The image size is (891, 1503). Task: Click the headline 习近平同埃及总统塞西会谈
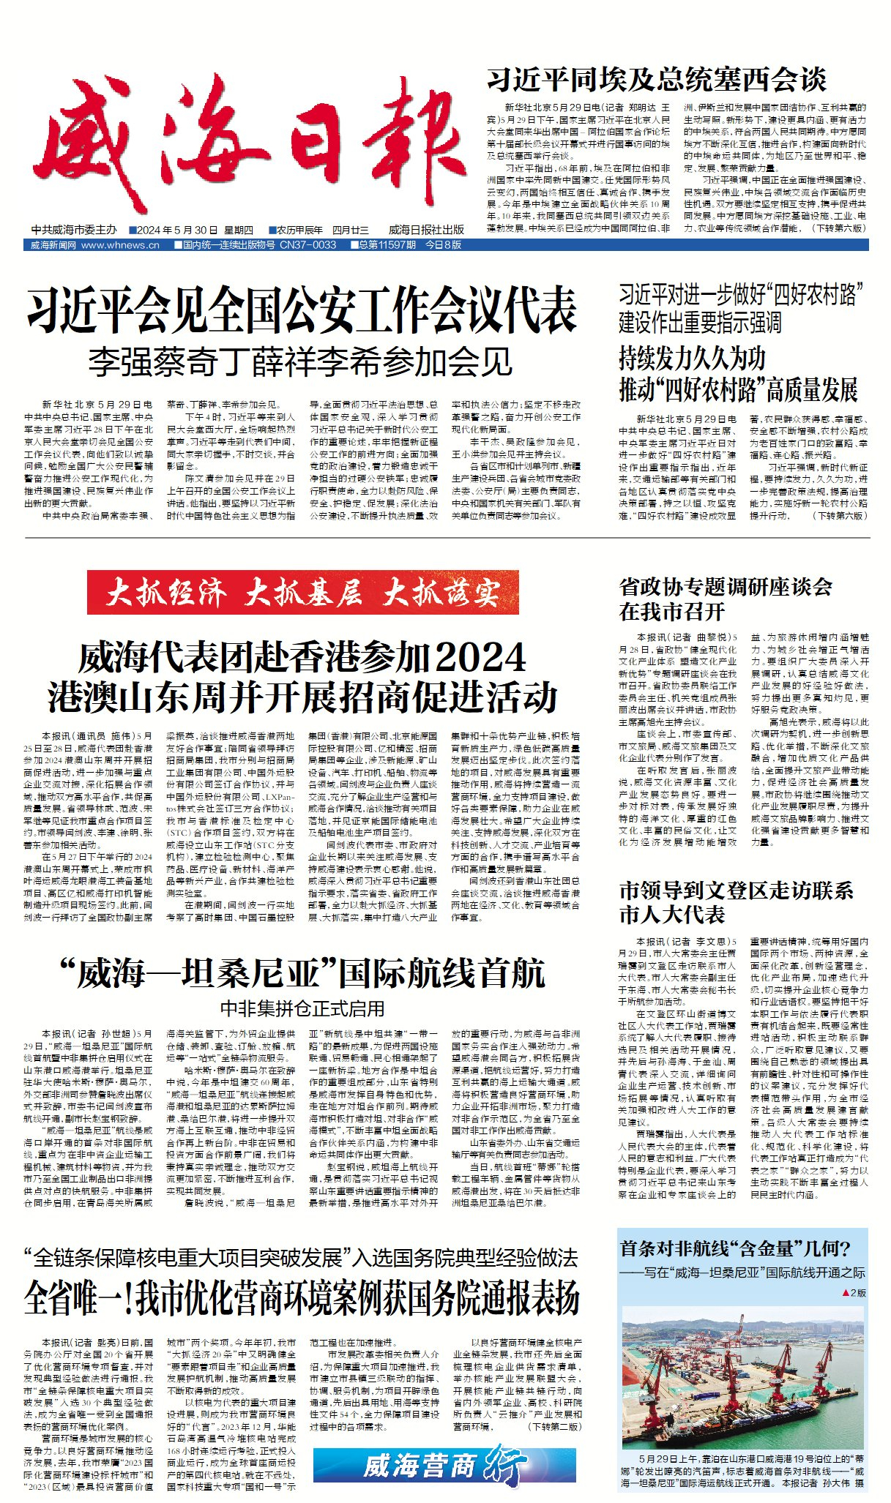(x=656, y=80)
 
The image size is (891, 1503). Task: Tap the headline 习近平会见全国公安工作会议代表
(x=302, y=311)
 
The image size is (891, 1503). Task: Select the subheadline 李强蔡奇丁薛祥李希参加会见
(x=301, y=362)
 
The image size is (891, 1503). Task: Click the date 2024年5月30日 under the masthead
(x=176, y=230)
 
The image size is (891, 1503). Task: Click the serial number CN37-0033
(x=308, y=245)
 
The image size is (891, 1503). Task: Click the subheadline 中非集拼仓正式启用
(x=302, y=1009)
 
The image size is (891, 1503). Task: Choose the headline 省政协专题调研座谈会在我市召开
(x=725, y=599)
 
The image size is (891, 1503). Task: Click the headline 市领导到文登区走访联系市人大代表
(x=735, y=902)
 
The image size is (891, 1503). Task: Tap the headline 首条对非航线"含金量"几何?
(x=735, y=1248)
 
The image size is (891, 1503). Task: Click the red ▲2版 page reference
(x=854, y=1293)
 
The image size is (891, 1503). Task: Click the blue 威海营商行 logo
(x=444, y=1466)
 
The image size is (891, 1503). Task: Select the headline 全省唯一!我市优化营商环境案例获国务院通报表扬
(x=302, y=1298)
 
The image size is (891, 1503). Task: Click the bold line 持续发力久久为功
(x=692, y=359)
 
